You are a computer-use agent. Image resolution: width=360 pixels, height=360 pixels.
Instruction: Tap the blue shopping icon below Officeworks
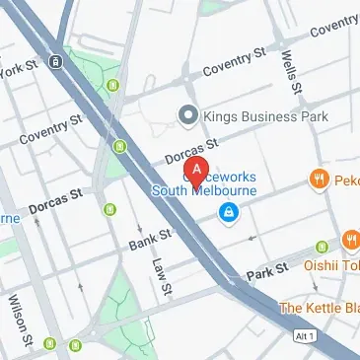(229, 212)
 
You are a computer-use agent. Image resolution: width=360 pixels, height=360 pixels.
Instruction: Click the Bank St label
(150, 238)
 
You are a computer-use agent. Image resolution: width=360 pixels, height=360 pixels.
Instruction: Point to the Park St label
(265, 270)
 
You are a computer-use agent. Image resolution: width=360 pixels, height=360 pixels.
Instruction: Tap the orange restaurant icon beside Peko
(319, 179)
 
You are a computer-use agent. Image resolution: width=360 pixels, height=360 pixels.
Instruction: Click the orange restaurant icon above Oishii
(351, 241)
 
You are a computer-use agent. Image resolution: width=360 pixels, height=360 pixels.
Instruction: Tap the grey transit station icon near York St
(57, 61)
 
